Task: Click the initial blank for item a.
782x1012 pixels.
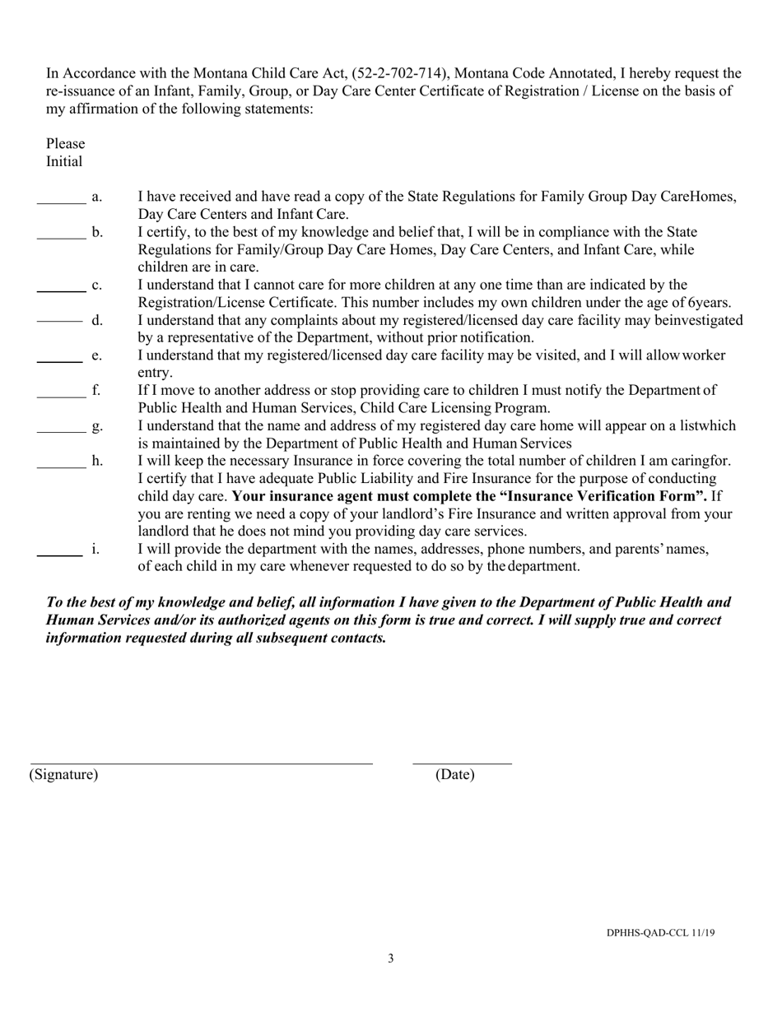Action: tap(62, 202)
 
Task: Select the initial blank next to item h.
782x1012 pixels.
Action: tap(62, 467)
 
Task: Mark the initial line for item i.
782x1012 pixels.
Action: tap(59, 555)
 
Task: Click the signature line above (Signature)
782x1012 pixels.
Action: tap(202, 764)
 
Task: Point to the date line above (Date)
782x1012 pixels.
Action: tap(462, 764)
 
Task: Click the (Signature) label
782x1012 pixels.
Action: tap(63, 775)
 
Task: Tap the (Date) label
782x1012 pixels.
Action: tap(455, 775)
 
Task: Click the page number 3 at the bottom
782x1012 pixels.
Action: tap(391, 958)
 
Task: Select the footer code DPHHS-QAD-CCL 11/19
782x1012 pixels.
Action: tap(660, 933)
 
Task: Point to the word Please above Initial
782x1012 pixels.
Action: tap(66, 144)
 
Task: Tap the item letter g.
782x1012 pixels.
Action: tap(97, 426)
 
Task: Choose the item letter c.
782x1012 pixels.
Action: tap(97, 285)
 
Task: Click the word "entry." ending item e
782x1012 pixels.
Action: tap(155, 373)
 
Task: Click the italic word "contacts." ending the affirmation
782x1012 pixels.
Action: tap(356, 638)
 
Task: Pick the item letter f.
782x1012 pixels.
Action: tap(96, 391)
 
